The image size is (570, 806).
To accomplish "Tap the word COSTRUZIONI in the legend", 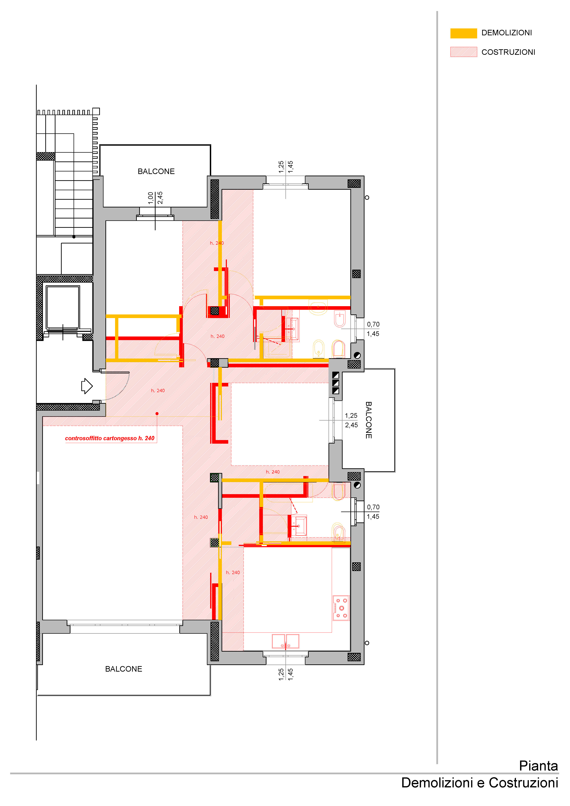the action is click(x=508, y=52).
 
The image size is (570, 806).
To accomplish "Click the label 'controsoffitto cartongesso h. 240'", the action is click(x=110, y=438).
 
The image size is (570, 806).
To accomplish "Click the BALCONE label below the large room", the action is click(x=124, y=669).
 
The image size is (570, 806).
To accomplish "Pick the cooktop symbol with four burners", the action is click(x=341, y=608).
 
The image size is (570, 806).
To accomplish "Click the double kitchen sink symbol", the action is click(x=285, y=641).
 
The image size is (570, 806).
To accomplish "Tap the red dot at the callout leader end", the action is click(x=157, y=414).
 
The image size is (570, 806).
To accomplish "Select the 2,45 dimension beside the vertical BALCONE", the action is click(x=351, y=425).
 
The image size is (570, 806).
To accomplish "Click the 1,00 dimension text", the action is click(x=151, y=198).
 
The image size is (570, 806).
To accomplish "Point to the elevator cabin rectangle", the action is click(x=63, y=307).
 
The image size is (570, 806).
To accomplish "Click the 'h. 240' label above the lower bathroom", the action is click(x=273, y=472).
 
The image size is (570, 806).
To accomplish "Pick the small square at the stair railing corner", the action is click(x=96, y=111).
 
